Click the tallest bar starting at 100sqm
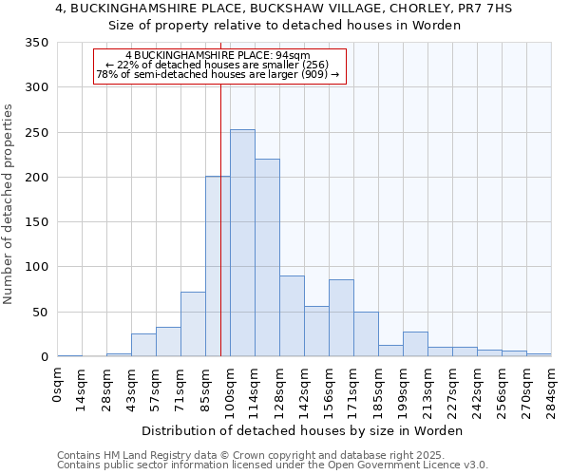click(242, 243)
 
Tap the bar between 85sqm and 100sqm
click(218, 267)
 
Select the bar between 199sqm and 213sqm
click(415, 345)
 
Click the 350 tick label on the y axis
click(36, 43)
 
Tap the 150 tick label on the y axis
click(36, 222)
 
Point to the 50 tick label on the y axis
click(40, 313)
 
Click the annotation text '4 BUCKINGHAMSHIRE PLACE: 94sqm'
click(218, 56)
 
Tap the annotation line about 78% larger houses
click(218, 74)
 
